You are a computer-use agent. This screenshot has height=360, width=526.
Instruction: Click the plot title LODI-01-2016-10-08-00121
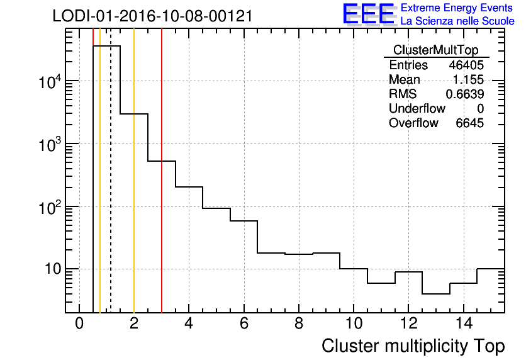pyautogui.click(x=152, y=16)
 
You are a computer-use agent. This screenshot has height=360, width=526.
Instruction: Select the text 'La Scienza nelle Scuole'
pyautogui.click(x=457, y=21)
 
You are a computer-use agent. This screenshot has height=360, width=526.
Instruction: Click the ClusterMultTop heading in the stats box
pyautogui.click(x=435, y=50)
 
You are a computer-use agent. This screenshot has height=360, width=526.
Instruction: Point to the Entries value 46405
pyautogui.click(x=466, y=65)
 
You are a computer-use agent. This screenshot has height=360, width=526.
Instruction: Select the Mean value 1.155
pyautogui.click(x=469, y=80)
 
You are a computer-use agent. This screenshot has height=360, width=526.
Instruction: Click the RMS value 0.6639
pyautogui.click(x=465, y=94)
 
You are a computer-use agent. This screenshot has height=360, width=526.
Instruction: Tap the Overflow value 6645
pyautogui.click(x=469, y=123)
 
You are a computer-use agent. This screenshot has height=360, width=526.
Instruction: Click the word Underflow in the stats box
pyautogui.click(x=417, y=109)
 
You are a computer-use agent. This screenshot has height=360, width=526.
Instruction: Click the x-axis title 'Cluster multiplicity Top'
pyautogui.click(x=413, y=346)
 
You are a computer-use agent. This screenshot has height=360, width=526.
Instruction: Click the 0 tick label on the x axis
pyautogui.click(x=79, y=324)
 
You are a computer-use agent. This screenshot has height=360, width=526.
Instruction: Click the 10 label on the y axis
pyautogui.click(x=50, y=269)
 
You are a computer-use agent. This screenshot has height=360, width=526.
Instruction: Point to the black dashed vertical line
pyautogui.click(x=111, y=189)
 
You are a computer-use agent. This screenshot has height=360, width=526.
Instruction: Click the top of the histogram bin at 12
pyautogui.click(x=408, y=272)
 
